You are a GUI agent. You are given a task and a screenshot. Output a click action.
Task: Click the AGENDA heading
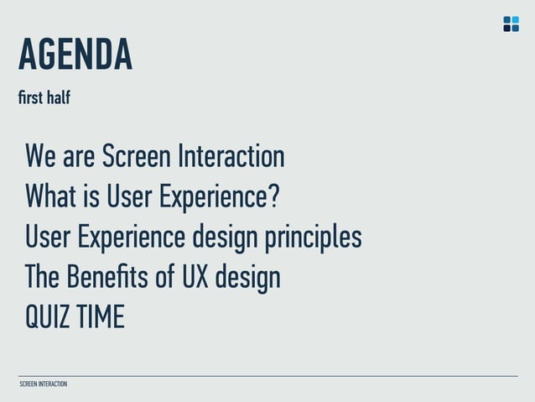point(75,55)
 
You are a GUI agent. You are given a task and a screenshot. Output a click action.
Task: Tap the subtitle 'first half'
point(44,98)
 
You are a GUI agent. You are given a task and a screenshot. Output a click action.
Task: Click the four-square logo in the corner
point(511,23)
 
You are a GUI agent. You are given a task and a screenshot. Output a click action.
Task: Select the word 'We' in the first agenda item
point(41,156)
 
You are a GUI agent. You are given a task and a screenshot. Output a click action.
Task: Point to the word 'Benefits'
point(102,277)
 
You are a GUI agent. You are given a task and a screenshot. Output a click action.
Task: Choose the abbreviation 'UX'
point(195,277)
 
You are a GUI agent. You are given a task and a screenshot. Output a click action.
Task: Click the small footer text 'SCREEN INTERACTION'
point(43,384)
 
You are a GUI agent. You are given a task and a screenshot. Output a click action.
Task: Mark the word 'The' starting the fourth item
point(39,277)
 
